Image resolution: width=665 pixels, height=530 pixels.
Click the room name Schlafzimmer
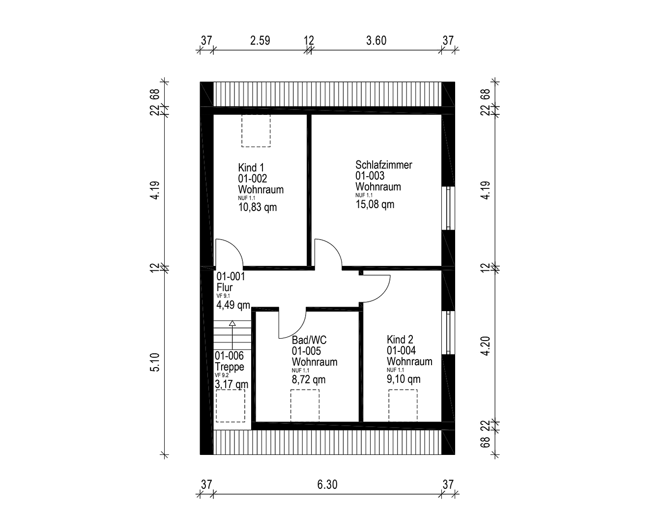(x=383, y=165)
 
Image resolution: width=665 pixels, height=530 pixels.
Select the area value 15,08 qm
(x=375, y=205)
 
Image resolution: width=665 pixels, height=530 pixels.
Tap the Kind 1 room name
(x=251, y=168)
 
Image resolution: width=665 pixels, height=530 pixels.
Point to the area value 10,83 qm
(x=257, y=208)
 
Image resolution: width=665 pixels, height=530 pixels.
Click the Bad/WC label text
(x=309, y=340)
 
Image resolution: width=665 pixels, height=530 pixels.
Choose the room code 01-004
(x=401, y=350)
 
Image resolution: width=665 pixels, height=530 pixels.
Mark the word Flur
(x=225, y=288)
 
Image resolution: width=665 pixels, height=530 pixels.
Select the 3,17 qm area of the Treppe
(x=231, y=384)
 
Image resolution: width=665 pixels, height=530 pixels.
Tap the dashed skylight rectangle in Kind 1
(x=256, y=131)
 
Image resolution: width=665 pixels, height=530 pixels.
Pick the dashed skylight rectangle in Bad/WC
(x=305, y=405)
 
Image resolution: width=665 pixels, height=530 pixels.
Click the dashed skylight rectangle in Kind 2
(x=403, y=405)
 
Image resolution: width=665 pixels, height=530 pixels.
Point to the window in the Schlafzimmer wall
(x=448, y=208)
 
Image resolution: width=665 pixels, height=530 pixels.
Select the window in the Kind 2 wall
(x=448, y=332)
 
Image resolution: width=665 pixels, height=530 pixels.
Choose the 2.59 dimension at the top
(x=260, y=41)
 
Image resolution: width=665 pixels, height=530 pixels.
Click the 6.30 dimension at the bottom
(x=327, y=485)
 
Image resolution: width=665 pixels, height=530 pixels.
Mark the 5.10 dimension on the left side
(x=155, y=362)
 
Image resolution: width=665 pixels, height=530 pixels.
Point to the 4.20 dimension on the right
(x=486, y=345)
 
